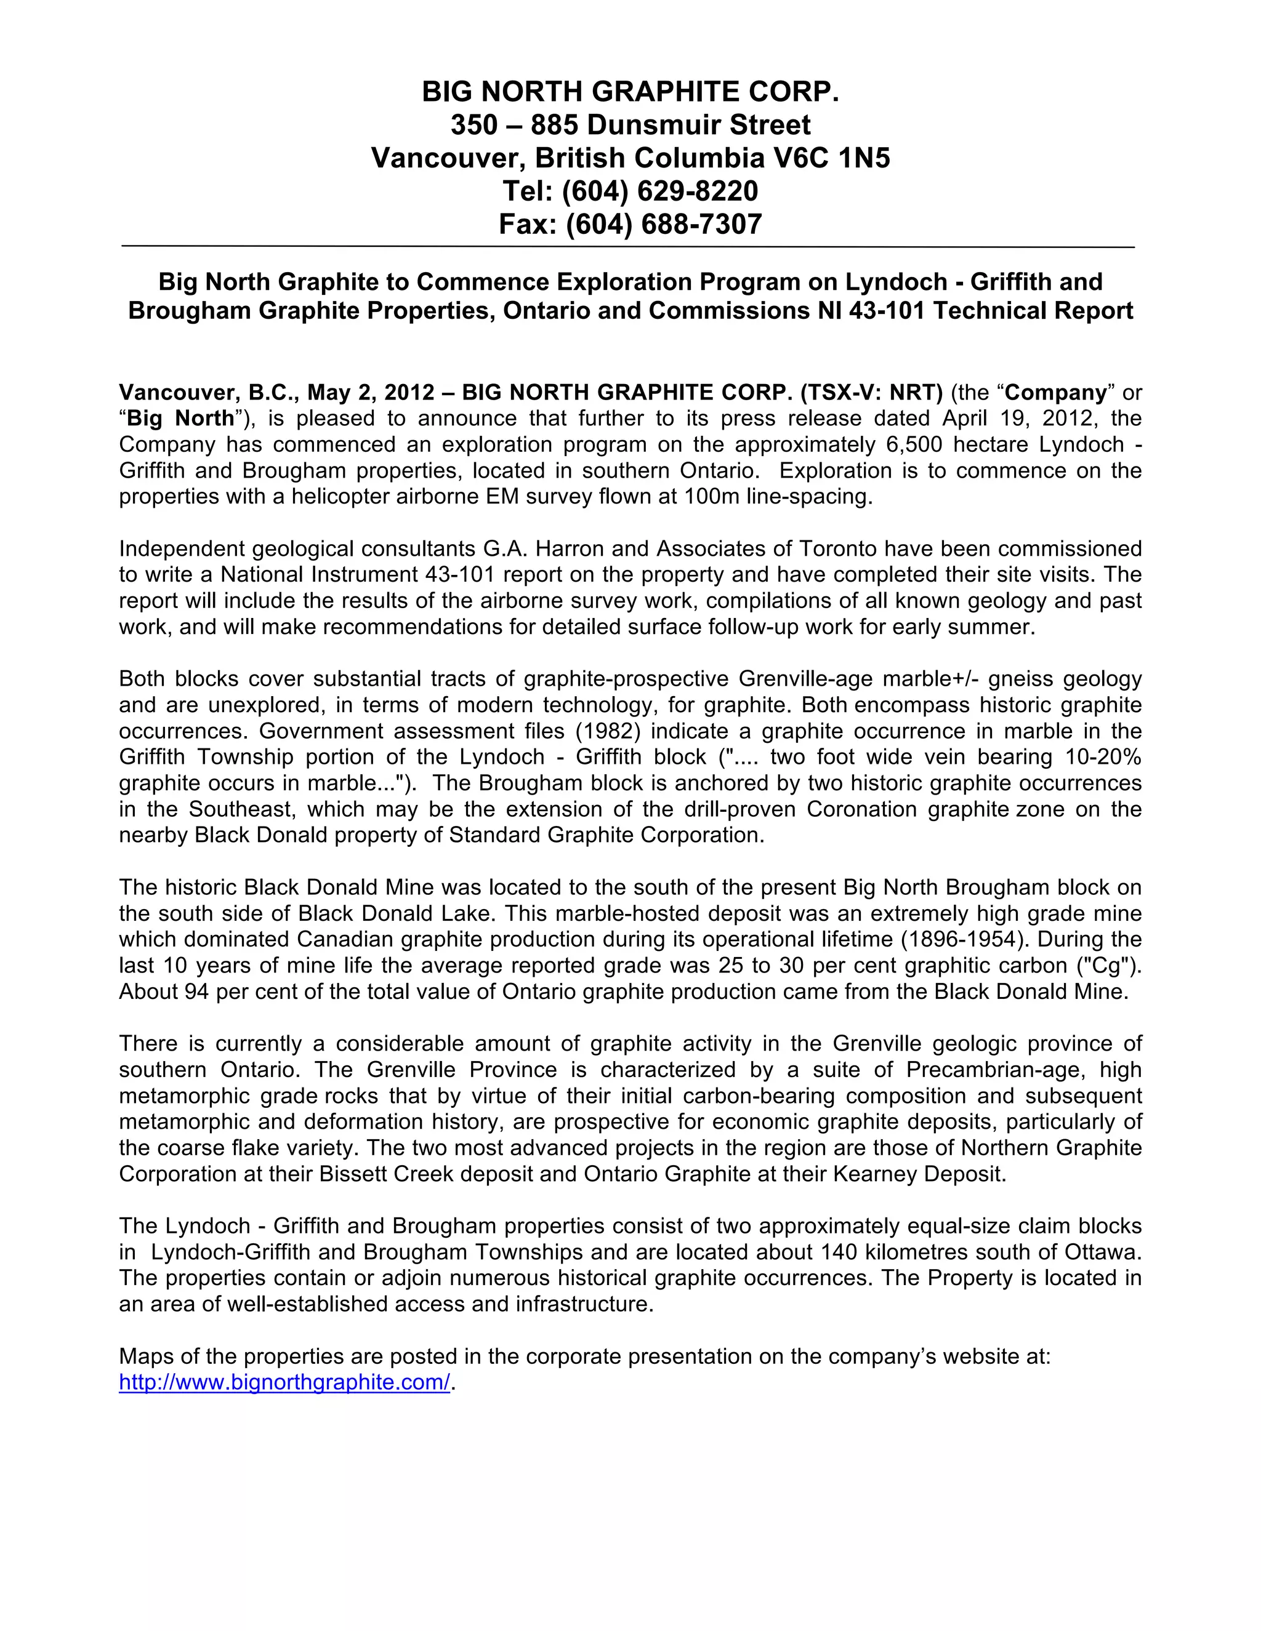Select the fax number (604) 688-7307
663,224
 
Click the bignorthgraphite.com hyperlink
284,1382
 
